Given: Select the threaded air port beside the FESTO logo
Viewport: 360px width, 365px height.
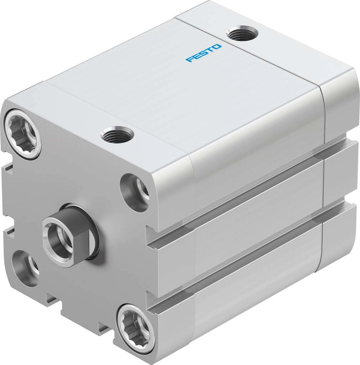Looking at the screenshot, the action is [x=242, y=34].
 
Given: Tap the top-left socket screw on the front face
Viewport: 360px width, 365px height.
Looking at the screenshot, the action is [x=22, y=134].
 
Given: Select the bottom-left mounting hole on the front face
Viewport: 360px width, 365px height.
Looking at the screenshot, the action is [x=25, y=265].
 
